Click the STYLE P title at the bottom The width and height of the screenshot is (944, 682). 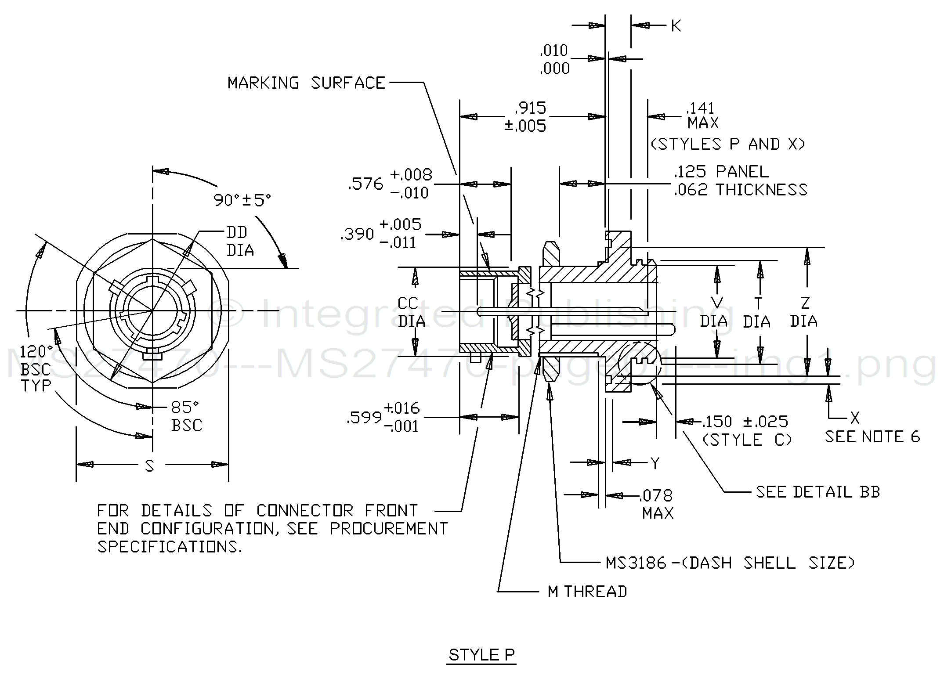coord(481,655)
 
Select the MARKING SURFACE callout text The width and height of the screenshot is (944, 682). coord(306,83)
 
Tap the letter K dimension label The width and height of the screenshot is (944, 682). coord(676,26)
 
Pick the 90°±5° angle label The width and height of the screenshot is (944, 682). coord(242,200)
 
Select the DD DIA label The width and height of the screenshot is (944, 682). coord(240,241)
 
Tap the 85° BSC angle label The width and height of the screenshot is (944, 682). coord(187,416)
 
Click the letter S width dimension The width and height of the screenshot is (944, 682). coord(150,466)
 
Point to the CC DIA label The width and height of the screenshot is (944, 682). coord(411,312)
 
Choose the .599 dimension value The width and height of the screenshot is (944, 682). coord(364,418)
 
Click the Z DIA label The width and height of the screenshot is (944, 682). coord(803,312)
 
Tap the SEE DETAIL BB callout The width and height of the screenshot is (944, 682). coord(817,492)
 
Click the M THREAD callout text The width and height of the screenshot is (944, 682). coord(587,592)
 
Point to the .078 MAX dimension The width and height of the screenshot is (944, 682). coord(657,504)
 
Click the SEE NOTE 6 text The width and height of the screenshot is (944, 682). coord(872,437)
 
